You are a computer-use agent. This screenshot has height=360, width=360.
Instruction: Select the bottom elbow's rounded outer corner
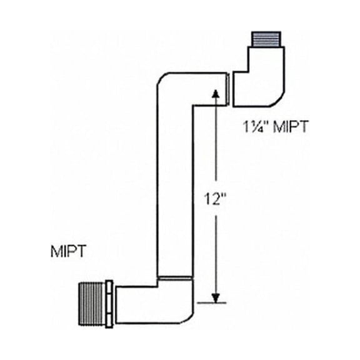tap(187, 315)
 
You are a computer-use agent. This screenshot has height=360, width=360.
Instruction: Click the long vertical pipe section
tap(174, 187)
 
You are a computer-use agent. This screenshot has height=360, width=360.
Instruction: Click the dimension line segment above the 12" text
tap(216, 144)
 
